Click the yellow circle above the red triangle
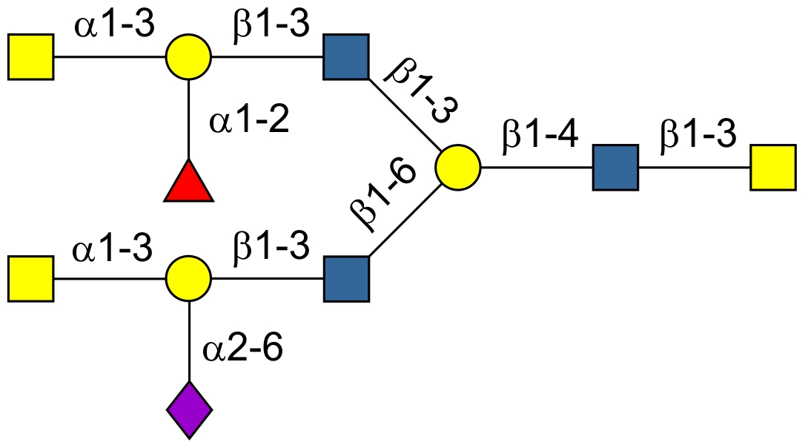coord(188,56)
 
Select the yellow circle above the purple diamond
coord(188,280)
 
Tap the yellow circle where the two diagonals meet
coord(458,168)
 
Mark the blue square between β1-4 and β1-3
coord(615,168)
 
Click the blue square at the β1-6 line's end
coord(346,280)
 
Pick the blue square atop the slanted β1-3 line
coord(346,56)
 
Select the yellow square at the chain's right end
coord(773,168)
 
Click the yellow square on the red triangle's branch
coord(31,56)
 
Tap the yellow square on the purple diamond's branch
coord(31,280)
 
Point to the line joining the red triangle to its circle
coord(189,119)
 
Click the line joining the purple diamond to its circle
coord(189,341)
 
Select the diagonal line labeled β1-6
coord(404,223)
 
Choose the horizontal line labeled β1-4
coord(537,168)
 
